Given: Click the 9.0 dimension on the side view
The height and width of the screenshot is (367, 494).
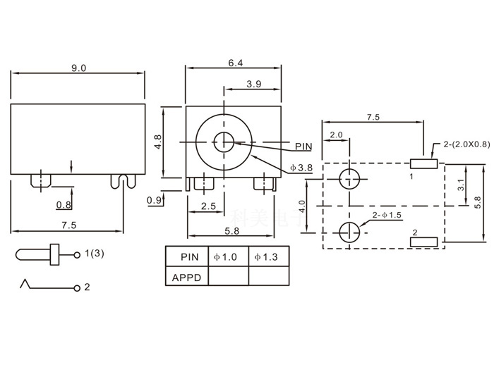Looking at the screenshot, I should (x=78, y=68).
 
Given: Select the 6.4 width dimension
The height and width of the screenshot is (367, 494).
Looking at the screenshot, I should (x=235, y=63).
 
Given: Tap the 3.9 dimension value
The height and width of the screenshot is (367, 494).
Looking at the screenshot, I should (x=254, y=84).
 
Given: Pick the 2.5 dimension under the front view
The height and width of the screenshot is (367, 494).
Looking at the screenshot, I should (x=208, y=206).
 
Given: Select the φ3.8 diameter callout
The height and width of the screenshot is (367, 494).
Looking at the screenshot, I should (x=301, y=168).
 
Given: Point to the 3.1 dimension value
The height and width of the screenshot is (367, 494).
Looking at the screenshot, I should (x=459, y=185).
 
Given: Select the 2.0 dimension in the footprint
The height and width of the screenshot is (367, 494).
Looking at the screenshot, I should (x=336, y=134).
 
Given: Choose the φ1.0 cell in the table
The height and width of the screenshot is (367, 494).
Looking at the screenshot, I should (x=228, y=257).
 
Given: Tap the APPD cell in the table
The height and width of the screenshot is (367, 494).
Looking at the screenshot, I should (x=187, y=277).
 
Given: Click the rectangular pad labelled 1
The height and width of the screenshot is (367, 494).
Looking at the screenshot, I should (x=425, y=164).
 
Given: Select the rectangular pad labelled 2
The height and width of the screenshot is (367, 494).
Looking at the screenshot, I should (x=425, y=242).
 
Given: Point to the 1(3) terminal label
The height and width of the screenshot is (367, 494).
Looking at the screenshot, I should (x=94, y=253).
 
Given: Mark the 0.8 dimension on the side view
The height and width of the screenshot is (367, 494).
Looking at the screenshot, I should (x=64, y=205).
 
